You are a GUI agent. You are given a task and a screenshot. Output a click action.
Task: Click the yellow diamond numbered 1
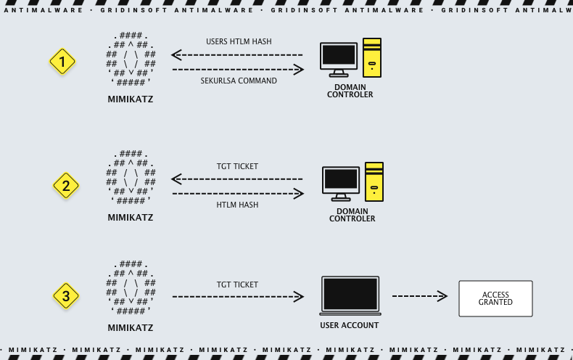[62, 62]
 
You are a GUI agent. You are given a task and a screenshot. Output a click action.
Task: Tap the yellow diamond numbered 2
[66, 187]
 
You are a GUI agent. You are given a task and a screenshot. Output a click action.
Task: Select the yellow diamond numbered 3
[66, 296]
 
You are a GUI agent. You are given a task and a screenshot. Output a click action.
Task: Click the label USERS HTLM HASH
[239, 41]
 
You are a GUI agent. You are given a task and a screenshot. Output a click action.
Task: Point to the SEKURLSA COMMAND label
[239, 81]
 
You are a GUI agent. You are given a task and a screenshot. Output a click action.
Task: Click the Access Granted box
[495, 298]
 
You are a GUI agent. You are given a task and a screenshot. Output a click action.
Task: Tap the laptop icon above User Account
[350, 295]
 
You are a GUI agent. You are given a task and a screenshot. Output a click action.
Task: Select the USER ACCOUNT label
[350, 325]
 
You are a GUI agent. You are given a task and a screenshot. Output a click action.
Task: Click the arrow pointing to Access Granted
[419, 296]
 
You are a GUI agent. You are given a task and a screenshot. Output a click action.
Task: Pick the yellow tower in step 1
[372, 57]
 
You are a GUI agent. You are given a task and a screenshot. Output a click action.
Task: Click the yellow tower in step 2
[374, 181]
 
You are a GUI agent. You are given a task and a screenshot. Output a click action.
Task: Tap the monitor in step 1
[339, 57]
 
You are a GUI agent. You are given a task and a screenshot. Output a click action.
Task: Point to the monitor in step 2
[341, 181]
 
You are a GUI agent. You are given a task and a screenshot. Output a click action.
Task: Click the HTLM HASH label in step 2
[237, 205]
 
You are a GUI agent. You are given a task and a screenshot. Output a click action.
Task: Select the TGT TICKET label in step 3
[237, 285]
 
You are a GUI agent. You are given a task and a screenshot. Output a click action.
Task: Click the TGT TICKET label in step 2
[237, 166]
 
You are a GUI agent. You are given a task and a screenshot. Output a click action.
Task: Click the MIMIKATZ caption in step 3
[131, 327]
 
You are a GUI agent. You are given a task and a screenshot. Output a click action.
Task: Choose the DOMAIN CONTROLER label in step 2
[352, 215]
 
